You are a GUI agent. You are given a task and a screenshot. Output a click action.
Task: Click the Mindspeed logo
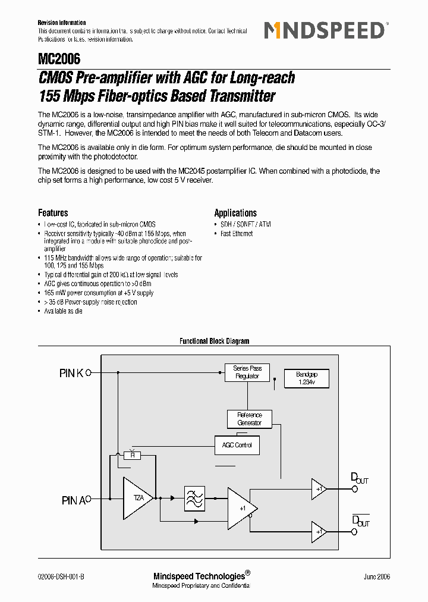pos(325,30)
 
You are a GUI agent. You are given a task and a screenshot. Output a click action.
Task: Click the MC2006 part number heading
pos(59,59)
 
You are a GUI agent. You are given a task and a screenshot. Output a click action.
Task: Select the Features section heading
pos(53,213)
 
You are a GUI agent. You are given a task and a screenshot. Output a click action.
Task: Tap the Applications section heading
pos(235,213)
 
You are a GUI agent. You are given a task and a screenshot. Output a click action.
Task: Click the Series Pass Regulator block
pos(247,372)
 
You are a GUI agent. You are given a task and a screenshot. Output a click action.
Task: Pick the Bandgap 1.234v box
pos(307,378)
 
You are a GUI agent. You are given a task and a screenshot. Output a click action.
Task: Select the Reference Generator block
pos(249,419)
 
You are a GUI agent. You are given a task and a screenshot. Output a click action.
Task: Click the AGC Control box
pos(237,445)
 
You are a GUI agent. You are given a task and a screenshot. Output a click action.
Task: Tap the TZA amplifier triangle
pos(137,498)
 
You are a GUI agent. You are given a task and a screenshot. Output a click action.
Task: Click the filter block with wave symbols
pos(194,498)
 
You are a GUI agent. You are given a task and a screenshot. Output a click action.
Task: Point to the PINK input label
pos(71,373)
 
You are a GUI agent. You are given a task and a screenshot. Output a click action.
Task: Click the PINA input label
pos(74,500)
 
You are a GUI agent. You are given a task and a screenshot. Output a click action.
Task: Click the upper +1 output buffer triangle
pos(319,488)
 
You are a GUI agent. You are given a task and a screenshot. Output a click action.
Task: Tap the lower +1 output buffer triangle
pos(319,531)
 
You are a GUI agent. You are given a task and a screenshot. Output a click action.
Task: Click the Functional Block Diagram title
pos(214,341)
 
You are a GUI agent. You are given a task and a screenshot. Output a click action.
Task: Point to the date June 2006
pos(377,576)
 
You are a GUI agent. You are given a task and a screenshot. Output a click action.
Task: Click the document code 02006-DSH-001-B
pos(65,576)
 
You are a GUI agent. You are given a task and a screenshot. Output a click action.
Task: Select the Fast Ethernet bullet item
pos(237,234)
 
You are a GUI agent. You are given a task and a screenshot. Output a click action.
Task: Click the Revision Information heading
pos(62,23)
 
